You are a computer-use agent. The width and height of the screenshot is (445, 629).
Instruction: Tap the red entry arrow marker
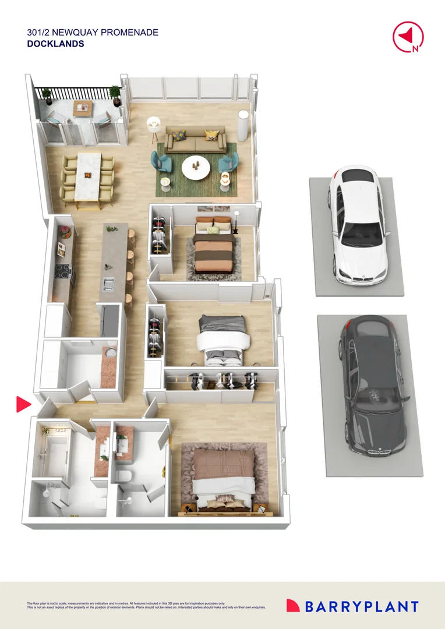23,404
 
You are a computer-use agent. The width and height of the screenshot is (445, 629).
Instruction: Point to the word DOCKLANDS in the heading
55,44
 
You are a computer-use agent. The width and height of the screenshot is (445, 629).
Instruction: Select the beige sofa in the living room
195,140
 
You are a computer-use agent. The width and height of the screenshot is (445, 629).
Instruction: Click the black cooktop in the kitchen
62,271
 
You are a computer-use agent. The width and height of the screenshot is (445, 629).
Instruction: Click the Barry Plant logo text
360,606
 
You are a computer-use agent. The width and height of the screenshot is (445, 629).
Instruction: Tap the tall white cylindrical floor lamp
242,126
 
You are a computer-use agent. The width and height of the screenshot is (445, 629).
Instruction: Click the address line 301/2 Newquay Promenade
93,33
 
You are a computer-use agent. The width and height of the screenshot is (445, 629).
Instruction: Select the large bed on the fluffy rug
224,478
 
